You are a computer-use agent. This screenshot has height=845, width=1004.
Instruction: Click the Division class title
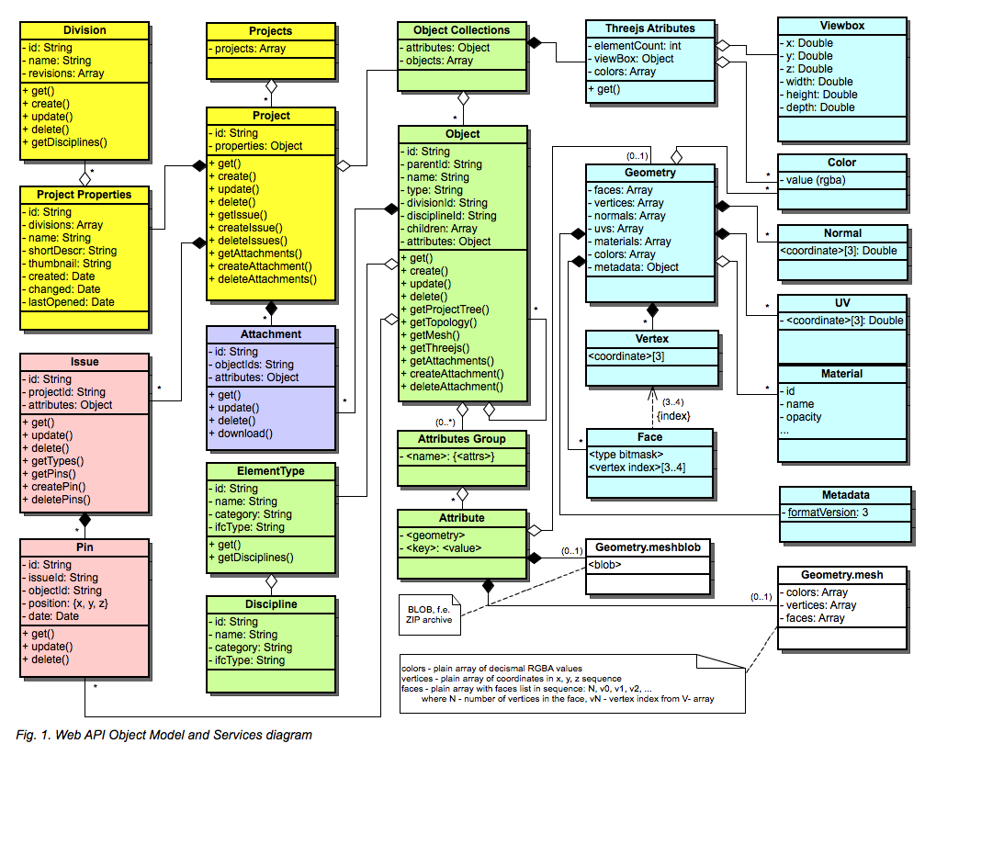coord(85,30)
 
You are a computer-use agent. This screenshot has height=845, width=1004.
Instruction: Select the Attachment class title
coord(271,334)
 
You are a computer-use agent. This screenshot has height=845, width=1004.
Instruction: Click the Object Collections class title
coord(462,30)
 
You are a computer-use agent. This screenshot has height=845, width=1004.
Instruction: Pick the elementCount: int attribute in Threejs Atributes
coord(635,45)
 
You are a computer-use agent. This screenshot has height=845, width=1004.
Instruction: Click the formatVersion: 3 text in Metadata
coord(826,513)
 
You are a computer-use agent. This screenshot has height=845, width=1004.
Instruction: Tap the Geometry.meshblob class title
coord(648,547)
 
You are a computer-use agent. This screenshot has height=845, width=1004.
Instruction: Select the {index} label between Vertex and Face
coord(673,416)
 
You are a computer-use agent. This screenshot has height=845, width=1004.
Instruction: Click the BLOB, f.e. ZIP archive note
coord(429,614)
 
